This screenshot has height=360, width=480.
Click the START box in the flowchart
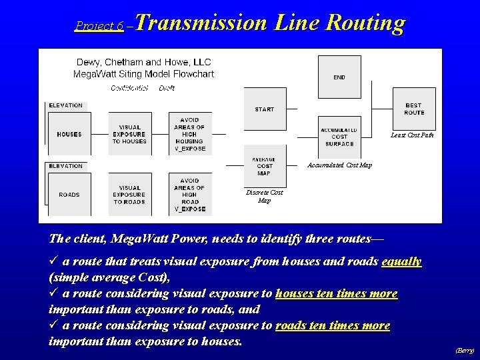[265, 109]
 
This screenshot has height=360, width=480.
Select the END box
[339, 77]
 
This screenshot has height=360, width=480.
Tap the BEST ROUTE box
[414, 109]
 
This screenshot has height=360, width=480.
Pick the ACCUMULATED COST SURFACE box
[339, 137]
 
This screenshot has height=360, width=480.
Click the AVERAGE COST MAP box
[265, 165]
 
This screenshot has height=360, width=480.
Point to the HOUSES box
[69, 134]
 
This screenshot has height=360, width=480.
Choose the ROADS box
[69, 195]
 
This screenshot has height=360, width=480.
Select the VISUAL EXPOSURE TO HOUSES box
[129, 134]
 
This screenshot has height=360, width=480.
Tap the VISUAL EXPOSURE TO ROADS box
[129, 195]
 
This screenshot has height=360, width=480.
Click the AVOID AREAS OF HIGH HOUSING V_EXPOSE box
[190, 134]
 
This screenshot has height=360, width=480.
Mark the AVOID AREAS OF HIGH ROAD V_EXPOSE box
[190, 195]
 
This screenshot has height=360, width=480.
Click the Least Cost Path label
[412, 136]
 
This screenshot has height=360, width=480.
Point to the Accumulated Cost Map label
[339, 165]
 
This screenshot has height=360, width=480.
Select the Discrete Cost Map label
[264, 196]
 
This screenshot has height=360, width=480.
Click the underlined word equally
[401, 261]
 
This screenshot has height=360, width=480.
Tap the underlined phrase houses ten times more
[336, 293]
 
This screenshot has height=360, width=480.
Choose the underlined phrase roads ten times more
[333, 325]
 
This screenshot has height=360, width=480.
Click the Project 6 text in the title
[99, 26]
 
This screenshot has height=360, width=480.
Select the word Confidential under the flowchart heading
[129, 88]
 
